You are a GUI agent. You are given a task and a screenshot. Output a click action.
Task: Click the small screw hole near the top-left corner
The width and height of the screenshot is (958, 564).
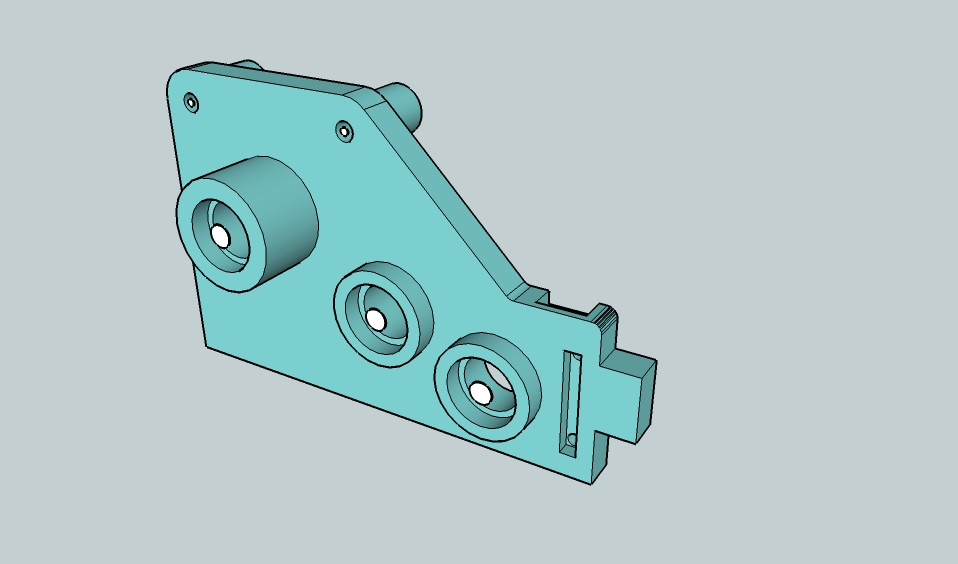point(191,102)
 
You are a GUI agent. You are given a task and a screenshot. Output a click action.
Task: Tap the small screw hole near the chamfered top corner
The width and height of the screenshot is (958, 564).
point(345,131)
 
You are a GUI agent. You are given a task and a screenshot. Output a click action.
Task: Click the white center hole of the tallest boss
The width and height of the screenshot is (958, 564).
point(220,236)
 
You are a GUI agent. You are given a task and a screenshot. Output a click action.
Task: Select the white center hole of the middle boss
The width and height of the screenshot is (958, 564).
point(376,319)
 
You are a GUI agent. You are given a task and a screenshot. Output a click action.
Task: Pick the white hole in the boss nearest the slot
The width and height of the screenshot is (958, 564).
point(482,393)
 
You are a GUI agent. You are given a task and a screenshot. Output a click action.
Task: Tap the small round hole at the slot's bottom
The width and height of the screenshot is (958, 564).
point(571,439)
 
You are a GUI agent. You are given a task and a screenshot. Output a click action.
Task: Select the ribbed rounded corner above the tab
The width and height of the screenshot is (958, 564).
point(604,320)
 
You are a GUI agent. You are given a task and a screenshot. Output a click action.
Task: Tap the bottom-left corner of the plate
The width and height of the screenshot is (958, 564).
point(207,346)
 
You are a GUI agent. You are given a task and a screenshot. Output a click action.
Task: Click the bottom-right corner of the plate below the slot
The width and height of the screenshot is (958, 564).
point(592,482)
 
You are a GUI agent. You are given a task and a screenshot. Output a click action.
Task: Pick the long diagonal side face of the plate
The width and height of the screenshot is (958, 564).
point(450,200)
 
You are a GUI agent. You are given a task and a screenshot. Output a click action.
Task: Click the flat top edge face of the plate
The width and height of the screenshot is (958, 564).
point(270,78)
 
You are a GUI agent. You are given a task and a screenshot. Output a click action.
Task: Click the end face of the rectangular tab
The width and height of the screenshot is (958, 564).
point(647,401)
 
